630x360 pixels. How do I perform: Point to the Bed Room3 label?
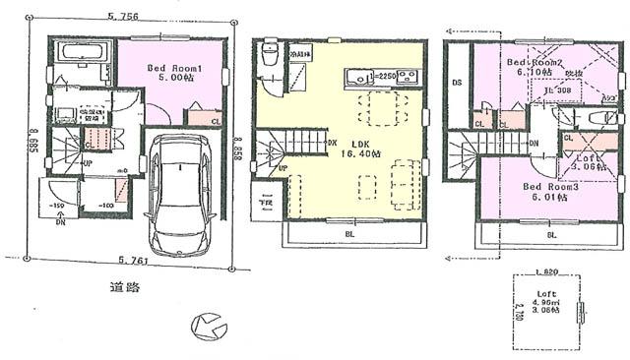[544, 187]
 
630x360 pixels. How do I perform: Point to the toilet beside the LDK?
[271, 59]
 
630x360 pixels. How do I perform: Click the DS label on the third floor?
[457, 84]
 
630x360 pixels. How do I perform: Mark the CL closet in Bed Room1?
[216, 121]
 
